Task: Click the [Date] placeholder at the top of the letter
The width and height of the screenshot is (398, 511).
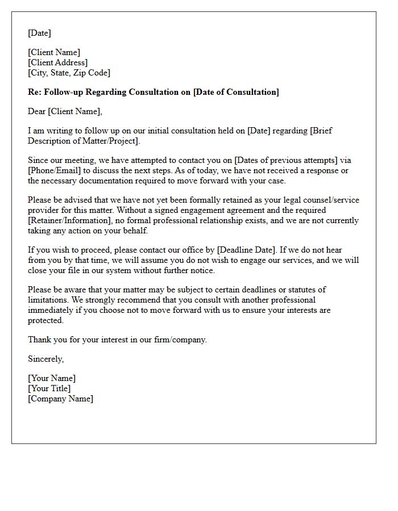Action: pyautogui.click(x=39, y=33)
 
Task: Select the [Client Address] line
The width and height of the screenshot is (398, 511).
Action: pyautogui.click(x=57, y=62)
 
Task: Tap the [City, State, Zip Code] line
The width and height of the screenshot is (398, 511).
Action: pyautogui.click(x=69, y=73)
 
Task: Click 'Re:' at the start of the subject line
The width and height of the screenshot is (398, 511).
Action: pyautogui.click(x=34, y=92)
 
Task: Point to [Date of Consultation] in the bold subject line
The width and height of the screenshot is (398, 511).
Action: pyautogui.click(x=236, y=92)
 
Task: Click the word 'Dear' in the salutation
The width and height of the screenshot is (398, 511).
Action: pyautogui.click(x=36, y=111)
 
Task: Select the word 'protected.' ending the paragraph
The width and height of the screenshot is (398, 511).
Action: pyautogui.click(x=45, y=320)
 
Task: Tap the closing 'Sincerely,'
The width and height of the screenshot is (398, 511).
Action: pyautogui.click(x=45, y=359)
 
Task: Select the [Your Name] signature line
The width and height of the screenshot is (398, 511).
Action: pyautogui.click(x=52, y=378)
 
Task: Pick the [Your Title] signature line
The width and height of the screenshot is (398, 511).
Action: pyautogui.click(x=49, y=388)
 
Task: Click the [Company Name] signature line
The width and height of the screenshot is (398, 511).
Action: pyautogui.click(x=60, y=399)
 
